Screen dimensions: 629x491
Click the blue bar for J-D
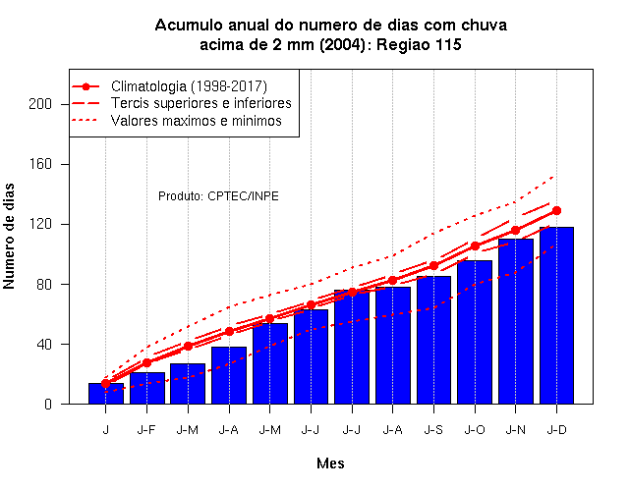[x=556, y=315]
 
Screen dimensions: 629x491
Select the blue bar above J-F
[x=147, y=388]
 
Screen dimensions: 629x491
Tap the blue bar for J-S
[x=433, y=340]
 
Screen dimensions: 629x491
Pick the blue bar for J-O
[x=475, y=332]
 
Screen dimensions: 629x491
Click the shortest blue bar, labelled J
[x=106, y=394]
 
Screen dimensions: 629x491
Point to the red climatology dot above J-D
[x=556, y=210]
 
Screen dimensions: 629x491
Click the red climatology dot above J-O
[x=475, y=245]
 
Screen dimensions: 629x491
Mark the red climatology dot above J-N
[x=515, y=230]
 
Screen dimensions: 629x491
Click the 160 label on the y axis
[x=40, y=164]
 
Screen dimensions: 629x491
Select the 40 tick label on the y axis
[x=44, y=345]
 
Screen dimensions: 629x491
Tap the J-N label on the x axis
[x=515, y=430]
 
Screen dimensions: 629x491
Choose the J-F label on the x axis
[x=146, y=430]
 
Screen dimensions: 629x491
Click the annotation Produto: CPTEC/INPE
[x=218, y=196]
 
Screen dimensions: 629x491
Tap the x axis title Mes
[x=330, y=464]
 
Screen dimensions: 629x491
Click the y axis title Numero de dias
[x=9, y=236]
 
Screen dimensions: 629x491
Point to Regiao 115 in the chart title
[x=419, y=44]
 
